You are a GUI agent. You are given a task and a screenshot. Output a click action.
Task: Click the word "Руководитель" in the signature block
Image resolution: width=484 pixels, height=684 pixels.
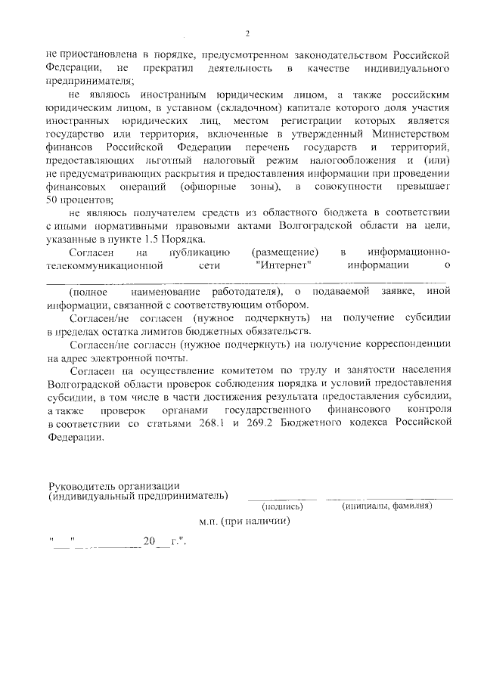pyautogui.click(x=81, y=484)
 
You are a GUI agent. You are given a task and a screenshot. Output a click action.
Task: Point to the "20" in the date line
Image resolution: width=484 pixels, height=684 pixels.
pyautogui.click(x=149, y=541)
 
